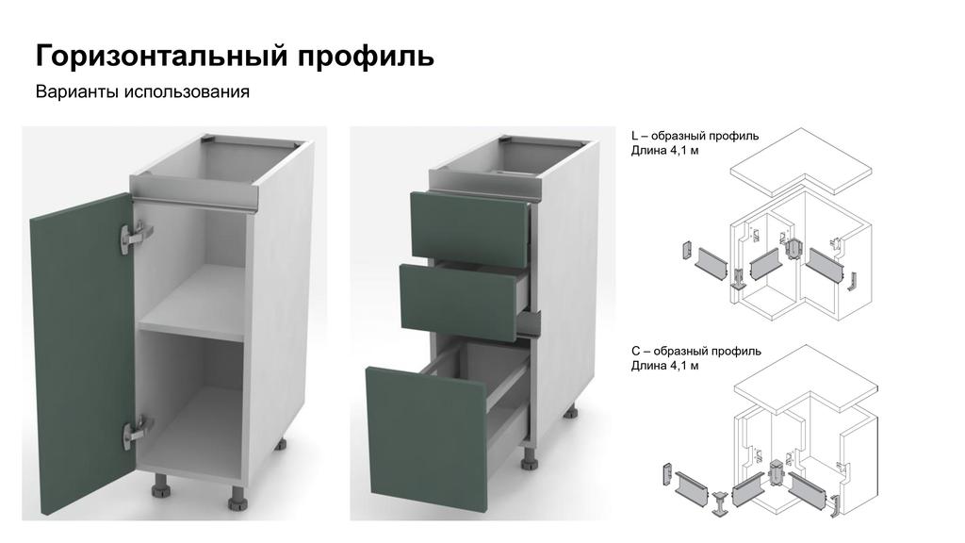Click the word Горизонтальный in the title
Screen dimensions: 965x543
click(162, 56)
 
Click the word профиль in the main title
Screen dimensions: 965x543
click(367, 57)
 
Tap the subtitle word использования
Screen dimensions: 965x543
click(188, 91)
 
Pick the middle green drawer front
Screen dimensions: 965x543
click(460, 302)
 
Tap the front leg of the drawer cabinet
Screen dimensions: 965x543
click(530, 458)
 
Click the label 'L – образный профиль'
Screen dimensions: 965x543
click(695, 136)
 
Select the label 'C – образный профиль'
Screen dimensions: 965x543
click(696, 351)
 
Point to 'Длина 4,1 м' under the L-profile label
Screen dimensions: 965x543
click(664, 150)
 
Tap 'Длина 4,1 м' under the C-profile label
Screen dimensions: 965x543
click(664, 366)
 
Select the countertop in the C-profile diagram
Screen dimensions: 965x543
click(806, 379)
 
